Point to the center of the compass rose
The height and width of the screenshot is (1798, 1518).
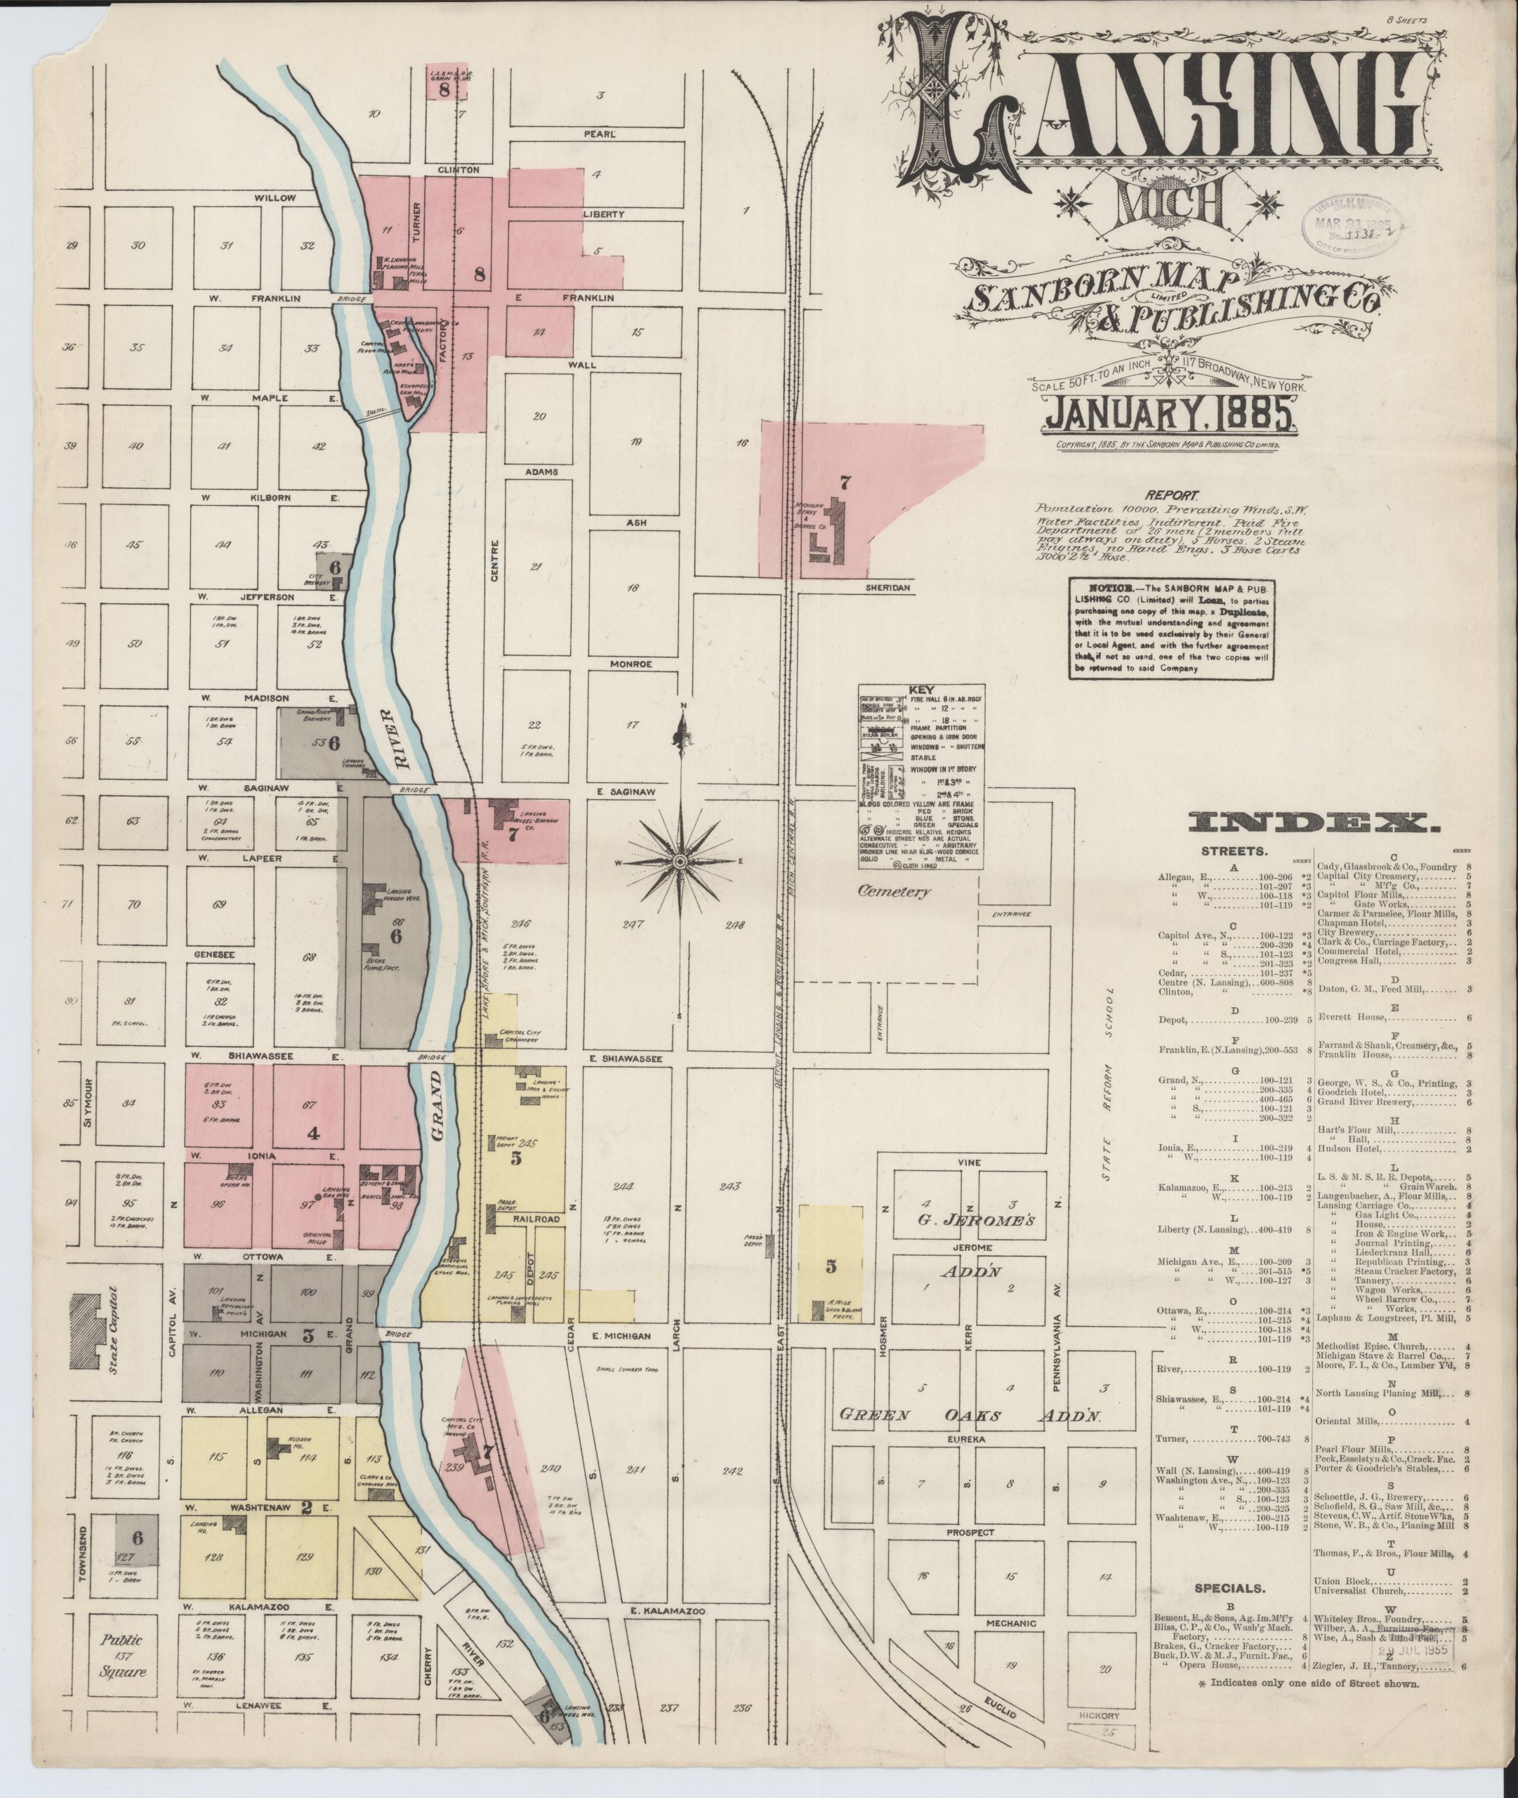coord(679,860)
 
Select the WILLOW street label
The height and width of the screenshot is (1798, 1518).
coord(275,197)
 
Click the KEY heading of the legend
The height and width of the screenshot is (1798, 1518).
coord(923,690)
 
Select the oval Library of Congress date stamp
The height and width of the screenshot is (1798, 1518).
coord(1355,224)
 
